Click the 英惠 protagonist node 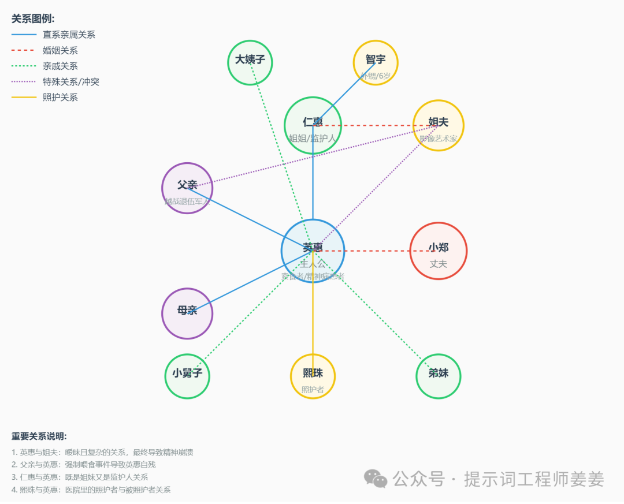click(x=313, y=251)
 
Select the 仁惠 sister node click(x=313, y=125)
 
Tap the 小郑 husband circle click(x=438, y=251)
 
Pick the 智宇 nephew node click(x=376, y=63)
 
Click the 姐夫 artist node click(x=438, y=125)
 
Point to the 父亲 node click(x=187, y=188)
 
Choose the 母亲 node click(x=187, y=313)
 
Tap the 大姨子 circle click(x=250, y=63)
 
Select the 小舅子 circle click(x=187, y=376)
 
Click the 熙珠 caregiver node click(x=313, y=376)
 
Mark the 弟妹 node click(x=438, y=376)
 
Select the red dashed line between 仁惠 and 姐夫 click(x=376, y=125)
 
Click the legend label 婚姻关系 click(x=60, y=51)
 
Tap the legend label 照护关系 click(x=60, y=98)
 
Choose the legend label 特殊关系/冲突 click(x=71, y=82)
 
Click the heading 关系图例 click(x=33, y=18)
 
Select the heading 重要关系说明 click(x=39, y=436)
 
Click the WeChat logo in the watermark click(x=376, y=479)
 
